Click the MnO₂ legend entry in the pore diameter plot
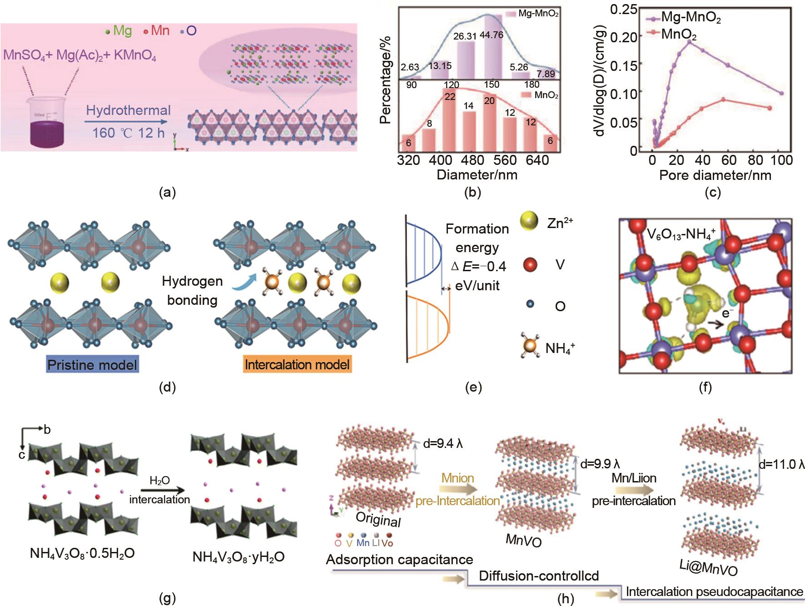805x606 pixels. [679, 35]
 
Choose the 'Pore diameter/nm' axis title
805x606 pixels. [715, 175]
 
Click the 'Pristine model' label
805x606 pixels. [92, 365]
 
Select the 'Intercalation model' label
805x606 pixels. [297, 365]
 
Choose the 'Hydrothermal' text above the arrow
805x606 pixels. [128, 110]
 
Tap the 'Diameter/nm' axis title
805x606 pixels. [477, 175]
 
